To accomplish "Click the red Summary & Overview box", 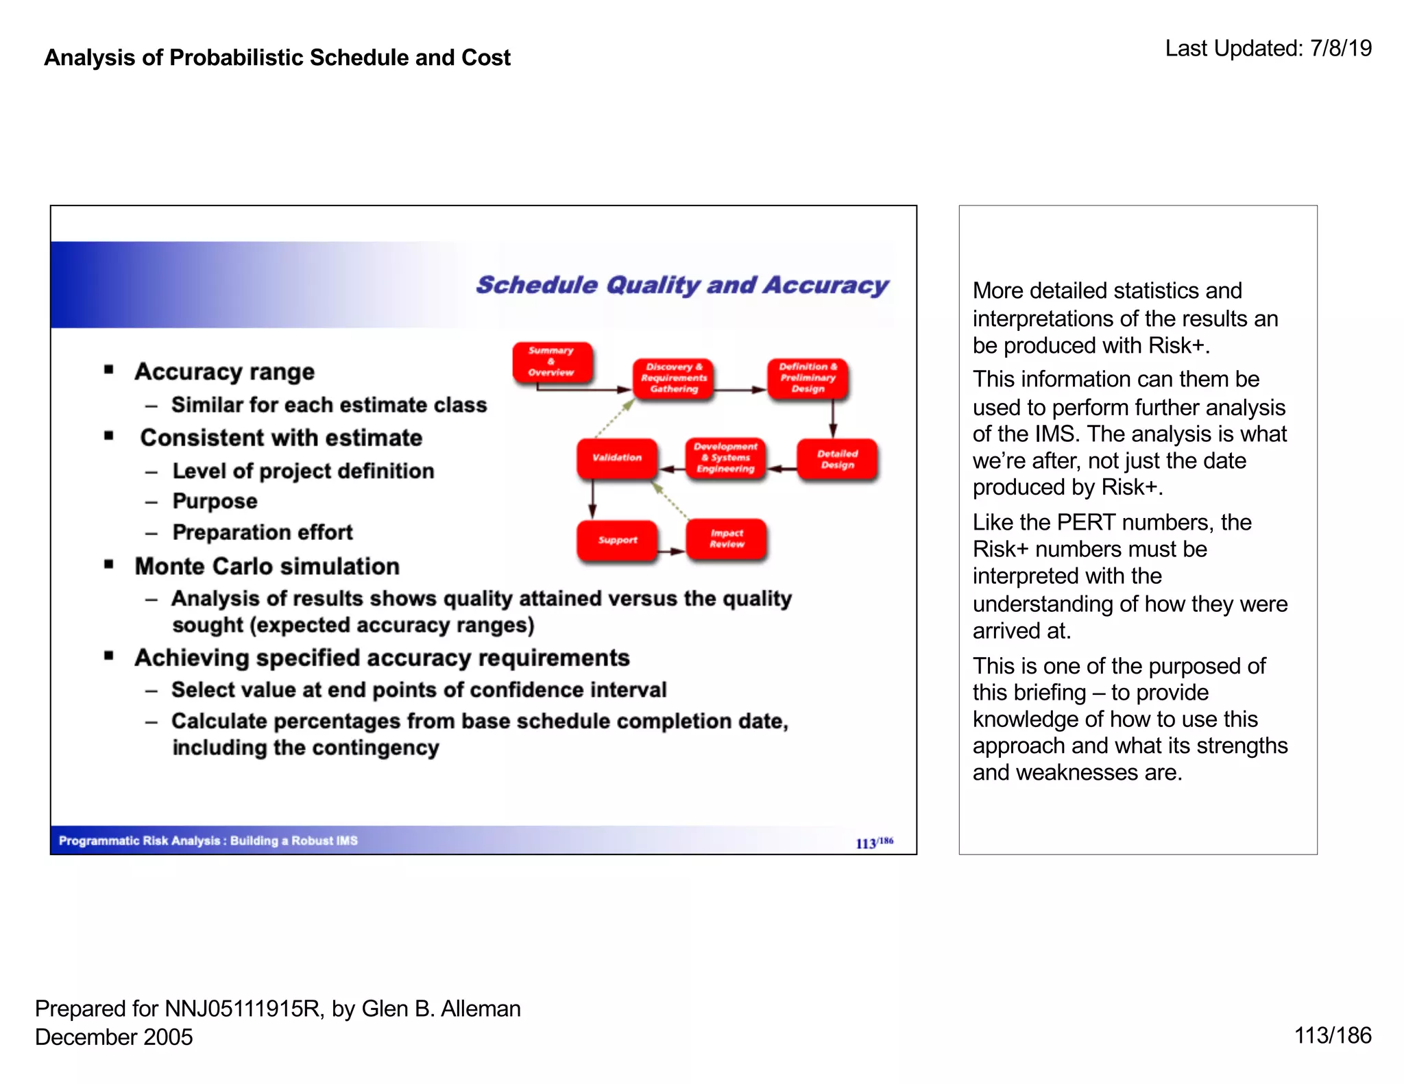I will coord(552,362).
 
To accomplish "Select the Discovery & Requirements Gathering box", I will coord(673,378).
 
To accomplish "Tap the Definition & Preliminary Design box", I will coord(808,378).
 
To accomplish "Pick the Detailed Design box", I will coord(837,459).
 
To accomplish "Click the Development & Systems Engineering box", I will coord(725,458).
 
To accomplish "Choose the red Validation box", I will coord(617,458).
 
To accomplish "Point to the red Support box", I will coord(617,540).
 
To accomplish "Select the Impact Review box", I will coord(727,539).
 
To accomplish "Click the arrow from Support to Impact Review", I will coord(672,551).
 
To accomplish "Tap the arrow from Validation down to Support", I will coord(592,499).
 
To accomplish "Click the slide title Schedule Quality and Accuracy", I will coord(682,285).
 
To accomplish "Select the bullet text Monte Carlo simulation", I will coord(267,566).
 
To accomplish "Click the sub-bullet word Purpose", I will coord(215,501).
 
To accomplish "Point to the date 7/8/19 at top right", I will coord(1340,48).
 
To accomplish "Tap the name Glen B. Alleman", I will coord(441,1009).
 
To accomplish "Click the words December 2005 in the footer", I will coord(114,1037).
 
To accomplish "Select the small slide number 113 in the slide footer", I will coord(866,843).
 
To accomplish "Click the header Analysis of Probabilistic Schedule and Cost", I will coord(277,58).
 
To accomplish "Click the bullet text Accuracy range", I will coord(224,371).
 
